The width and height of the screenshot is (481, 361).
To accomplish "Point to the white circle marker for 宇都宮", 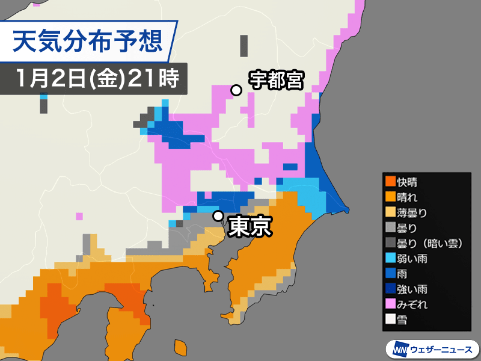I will coord(237,90).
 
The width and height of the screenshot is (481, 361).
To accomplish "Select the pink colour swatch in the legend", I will coord(390,304).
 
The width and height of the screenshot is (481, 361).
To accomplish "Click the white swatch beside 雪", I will coord(390,320).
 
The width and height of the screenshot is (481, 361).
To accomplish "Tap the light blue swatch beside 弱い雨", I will coord(390,258).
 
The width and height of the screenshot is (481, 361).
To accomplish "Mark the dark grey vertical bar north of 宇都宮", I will coord(244,45).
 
